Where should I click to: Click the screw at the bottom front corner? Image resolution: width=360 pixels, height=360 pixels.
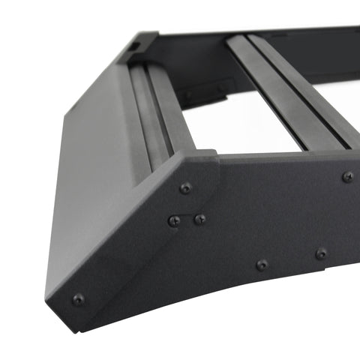point(77,299)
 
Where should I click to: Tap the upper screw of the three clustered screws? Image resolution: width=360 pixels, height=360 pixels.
point(185,188)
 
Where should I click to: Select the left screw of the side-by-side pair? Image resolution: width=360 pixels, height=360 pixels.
point(174,220)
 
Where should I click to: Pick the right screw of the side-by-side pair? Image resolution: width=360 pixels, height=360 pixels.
point(200,219)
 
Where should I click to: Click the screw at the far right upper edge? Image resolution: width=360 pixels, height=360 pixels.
point(348,177)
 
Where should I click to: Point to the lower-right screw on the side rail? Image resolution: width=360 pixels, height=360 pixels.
point(321,253)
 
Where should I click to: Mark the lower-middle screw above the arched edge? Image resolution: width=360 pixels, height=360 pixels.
point(262,265)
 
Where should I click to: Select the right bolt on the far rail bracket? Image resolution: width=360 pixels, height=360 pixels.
point(222,87)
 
